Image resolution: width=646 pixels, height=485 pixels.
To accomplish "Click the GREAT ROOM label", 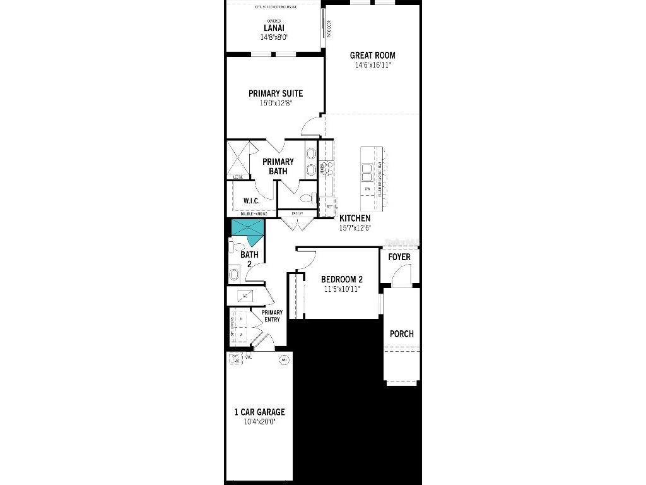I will point(372,56).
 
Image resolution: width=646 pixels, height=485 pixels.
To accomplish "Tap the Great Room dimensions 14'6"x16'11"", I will point(372,65).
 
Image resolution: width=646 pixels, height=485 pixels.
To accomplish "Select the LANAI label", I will point(274,28).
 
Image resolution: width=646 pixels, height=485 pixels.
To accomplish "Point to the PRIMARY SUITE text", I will point(275,93).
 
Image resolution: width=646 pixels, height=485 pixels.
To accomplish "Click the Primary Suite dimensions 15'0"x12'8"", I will point(275,103).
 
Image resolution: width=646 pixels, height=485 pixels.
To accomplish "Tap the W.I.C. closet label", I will point(252,201).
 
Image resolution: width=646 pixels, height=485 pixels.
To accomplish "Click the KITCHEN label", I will point(355,219).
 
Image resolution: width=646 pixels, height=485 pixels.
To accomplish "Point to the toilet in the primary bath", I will point(307,198).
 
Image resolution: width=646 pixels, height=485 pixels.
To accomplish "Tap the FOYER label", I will point(399,257).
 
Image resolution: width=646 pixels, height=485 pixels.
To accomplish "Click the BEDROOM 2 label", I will point(341,279).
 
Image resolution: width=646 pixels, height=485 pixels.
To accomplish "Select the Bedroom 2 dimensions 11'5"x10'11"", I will point(341,289).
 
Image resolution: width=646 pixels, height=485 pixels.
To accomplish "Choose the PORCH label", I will point(402,333).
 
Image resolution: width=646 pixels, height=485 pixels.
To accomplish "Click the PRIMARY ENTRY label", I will point(272,316).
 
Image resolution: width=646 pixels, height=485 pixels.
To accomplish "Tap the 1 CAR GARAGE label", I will point(259,412).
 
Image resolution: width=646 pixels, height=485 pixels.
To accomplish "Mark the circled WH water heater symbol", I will point(284,360).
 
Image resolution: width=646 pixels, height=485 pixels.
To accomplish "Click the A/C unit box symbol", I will point(244,296).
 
